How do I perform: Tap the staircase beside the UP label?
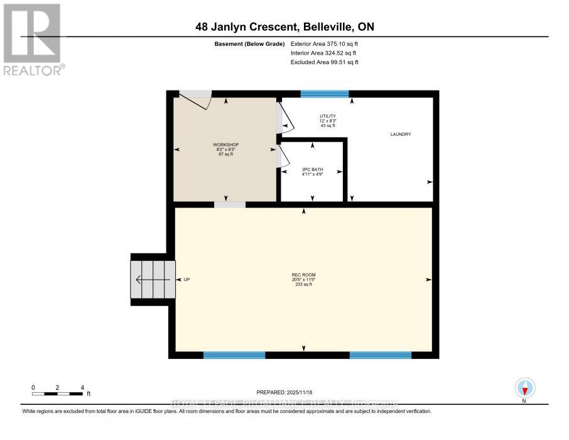[151, 280]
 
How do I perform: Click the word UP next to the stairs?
[186, 280]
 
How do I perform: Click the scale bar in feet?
[57, 393]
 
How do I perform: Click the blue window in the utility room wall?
[324, 94]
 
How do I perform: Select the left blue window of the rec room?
[234, 355]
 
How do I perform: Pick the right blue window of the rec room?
[380, 355]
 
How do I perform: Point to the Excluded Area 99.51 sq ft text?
[324, 62]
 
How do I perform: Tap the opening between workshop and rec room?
[229, 204]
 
